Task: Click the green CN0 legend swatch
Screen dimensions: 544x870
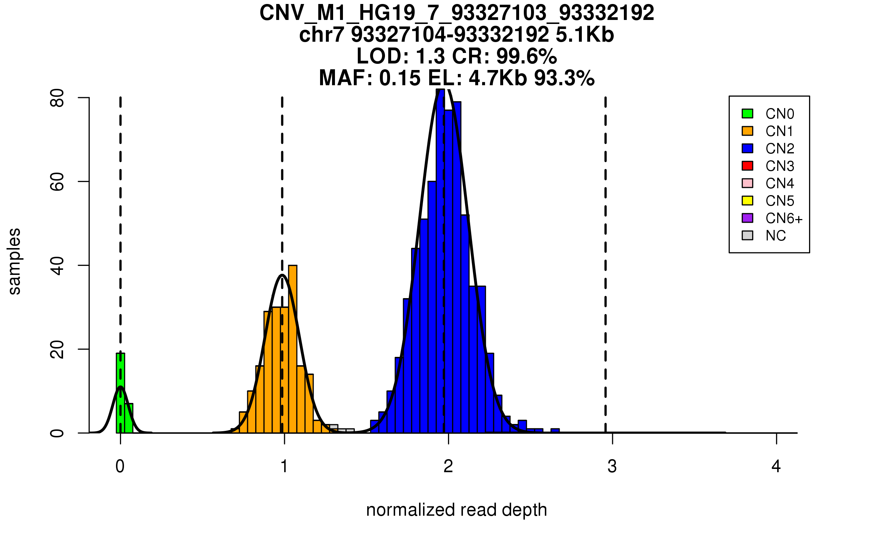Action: [747, 114]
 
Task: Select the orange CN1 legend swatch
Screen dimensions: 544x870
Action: [747, 131]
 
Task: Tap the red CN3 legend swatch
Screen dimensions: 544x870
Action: [747, 166]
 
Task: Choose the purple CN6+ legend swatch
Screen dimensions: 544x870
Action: [747, 218]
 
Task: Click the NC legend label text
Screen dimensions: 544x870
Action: [775, 236]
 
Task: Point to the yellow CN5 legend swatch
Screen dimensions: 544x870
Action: [747, 201]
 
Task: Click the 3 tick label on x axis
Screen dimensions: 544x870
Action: [612, 466]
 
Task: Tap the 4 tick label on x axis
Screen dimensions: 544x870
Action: [776, 466]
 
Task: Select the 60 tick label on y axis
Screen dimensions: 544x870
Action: [57, 182]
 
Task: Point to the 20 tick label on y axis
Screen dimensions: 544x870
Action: [57, 350]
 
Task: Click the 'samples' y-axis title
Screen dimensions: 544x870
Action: [14, 261]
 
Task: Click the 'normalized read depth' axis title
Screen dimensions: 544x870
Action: [456, 510]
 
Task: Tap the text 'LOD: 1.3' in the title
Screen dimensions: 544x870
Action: [401, 56]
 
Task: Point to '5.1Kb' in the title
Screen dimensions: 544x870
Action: [585, 35]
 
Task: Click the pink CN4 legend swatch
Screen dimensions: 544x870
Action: [747, 183]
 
